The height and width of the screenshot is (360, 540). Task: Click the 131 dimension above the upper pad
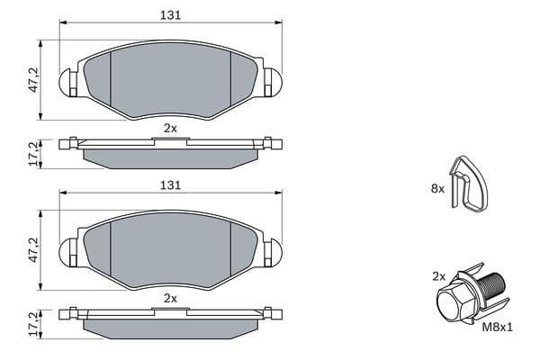(170, 15)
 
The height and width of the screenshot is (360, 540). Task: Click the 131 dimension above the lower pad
(170, 185)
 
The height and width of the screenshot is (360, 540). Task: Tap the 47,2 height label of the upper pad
(33, 79)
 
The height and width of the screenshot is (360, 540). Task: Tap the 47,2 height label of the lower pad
(33, 250)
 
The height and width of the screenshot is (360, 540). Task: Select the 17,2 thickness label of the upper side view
(33, 154)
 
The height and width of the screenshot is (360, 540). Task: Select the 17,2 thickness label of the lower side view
(33, 324)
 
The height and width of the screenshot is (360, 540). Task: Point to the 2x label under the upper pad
(170, 129)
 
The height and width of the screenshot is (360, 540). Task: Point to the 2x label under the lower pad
(170, 298)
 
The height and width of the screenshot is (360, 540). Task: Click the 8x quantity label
(437, 188)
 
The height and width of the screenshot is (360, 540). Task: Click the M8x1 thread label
(497, 327)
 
